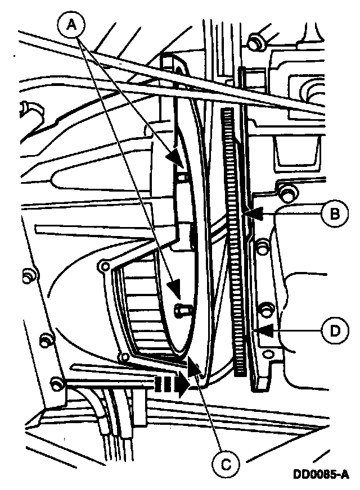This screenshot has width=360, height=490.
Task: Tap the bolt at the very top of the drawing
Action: pyautogui.click(x=255, y=41)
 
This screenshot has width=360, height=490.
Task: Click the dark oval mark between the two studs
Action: pyautogui.click(x=193, y=235)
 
